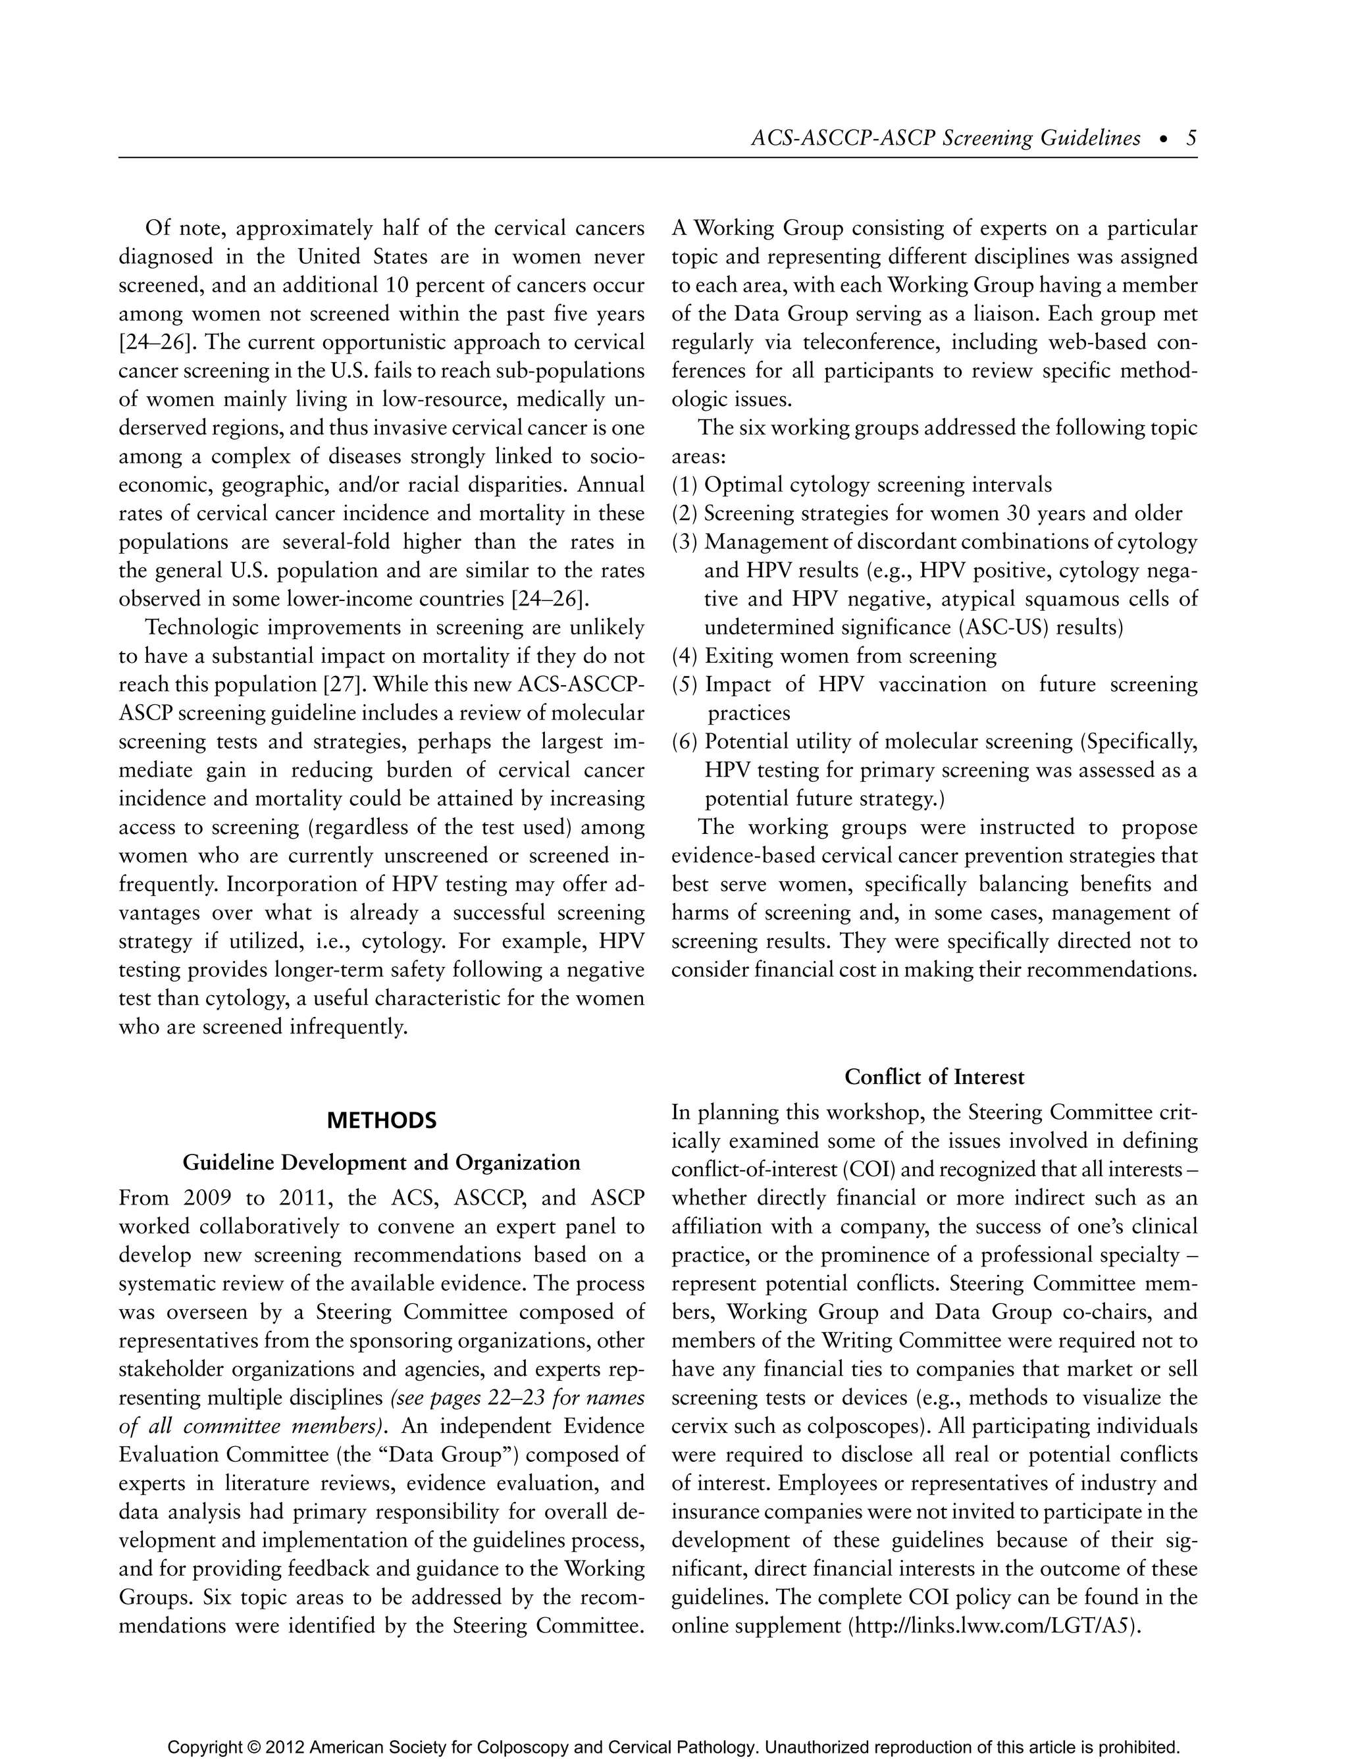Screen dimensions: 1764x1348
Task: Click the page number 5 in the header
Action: point(1191,139)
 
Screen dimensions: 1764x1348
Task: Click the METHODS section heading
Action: point(382,1120)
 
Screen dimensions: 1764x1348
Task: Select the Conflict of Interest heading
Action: point(934,1077)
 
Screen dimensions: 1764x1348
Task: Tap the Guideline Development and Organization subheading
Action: point(382,1162)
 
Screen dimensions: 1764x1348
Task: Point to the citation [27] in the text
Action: point(344,685)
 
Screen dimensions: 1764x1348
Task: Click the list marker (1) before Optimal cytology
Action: point(685,485)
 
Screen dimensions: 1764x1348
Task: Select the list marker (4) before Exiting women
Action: point(685,656)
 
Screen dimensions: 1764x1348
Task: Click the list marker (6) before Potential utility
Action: point(685,742)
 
